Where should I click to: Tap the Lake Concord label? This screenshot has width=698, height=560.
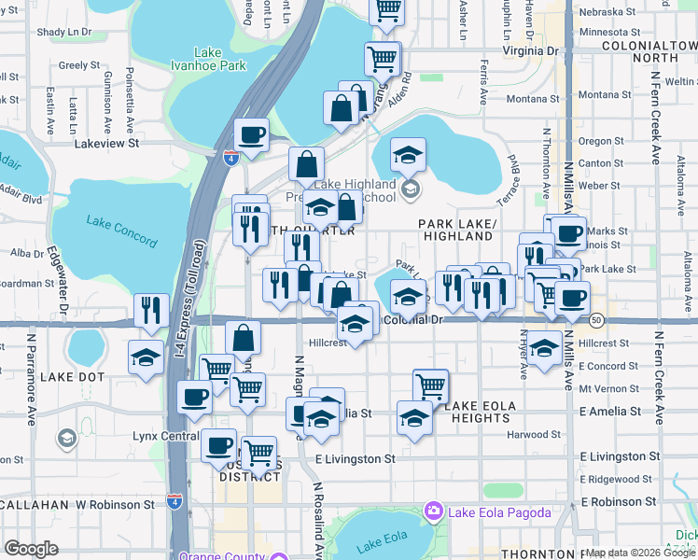121,231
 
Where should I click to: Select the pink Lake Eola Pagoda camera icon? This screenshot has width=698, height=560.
433,511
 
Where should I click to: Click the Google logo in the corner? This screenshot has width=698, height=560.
31,549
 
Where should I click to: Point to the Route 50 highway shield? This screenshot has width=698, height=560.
595,320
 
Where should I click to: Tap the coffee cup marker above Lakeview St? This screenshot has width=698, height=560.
252,135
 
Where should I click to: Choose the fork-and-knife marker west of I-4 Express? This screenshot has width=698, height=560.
151,310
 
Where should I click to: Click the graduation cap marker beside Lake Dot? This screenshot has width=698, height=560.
146,357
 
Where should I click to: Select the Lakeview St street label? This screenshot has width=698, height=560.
106,144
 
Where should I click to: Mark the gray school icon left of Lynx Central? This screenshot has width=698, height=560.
65,437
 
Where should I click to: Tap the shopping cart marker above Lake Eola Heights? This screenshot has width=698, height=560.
430,384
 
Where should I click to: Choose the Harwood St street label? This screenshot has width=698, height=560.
534,434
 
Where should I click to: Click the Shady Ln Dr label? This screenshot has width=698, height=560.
64,32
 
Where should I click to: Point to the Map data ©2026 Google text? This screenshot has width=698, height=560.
640,553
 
